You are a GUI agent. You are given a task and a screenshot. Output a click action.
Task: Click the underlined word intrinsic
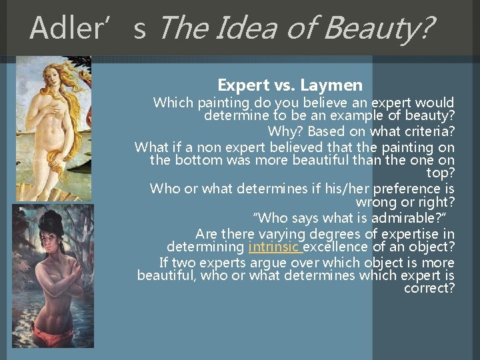click(274, 247)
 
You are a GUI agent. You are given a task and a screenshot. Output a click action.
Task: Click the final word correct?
click(429, 288)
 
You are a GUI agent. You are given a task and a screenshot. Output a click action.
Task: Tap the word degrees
click(341, 234)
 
